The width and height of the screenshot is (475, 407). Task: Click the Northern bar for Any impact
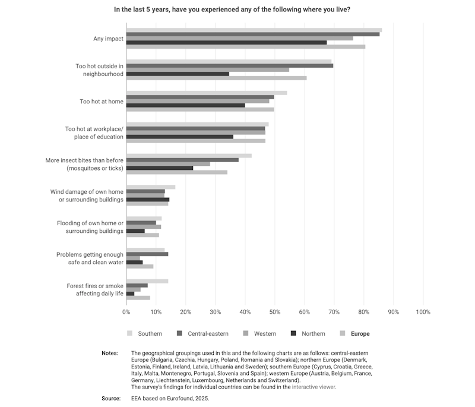[226, 42]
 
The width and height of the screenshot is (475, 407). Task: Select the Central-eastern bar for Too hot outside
[229, 65]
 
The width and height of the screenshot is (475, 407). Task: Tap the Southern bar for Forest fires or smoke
[147, 281]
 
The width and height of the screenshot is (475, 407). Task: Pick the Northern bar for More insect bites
[160, 168]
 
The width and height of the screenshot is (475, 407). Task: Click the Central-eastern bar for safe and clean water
[147, 254]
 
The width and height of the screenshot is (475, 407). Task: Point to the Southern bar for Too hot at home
[206, 93]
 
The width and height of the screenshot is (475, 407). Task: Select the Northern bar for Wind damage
[148, 200]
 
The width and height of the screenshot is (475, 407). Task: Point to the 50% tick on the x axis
[274, 311]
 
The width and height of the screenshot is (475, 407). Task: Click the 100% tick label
[423, 311]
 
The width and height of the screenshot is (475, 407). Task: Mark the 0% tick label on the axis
[126, 311]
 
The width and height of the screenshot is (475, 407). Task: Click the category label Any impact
[108, 39]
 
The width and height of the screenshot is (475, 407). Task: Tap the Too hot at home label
[102, 102]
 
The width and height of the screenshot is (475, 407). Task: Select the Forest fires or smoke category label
[95, 290]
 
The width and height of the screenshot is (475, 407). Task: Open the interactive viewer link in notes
[313, 387]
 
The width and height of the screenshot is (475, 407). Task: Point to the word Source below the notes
[111, 399]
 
